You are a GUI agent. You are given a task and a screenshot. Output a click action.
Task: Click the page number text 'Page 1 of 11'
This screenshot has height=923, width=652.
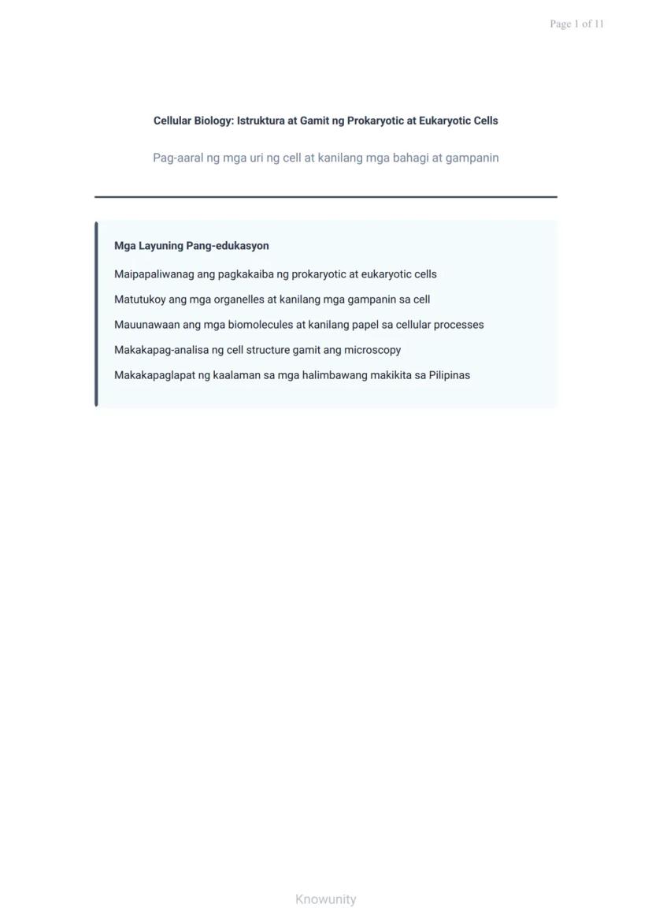tap(576, 24)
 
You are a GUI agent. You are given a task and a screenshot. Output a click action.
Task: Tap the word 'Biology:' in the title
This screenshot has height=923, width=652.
tap(213, 121)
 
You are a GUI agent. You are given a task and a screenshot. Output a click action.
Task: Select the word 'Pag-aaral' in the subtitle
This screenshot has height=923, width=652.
tap(178, 158)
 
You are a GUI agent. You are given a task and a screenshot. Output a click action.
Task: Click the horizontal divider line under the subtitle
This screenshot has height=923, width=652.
tap(326, 196)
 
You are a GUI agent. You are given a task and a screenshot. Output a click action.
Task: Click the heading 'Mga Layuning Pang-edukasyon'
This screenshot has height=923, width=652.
tap(191, 246)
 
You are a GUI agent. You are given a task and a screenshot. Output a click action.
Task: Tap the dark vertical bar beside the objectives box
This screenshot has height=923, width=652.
tap(96, 314)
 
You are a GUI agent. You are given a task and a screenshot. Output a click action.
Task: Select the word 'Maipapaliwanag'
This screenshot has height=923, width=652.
tap(153, 274)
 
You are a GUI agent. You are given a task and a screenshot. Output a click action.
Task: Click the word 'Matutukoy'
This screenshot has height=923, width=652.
tap(139, 300)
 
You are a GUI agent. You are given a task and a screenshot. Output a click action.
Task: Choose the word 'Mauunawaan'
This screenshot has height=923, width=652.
tap(146, 325)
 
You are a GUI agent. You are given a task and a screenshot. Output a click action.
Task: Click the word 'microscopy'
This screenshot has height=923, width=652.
tap(372, 350)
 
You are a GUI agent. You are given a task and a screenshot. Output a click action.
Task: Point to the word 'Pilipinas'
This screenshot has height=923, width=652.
tap(450, 375)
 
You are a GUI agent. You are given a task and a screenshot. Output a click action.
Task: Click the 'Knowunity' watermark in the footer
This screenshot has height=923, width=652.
tap(326, 899)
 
